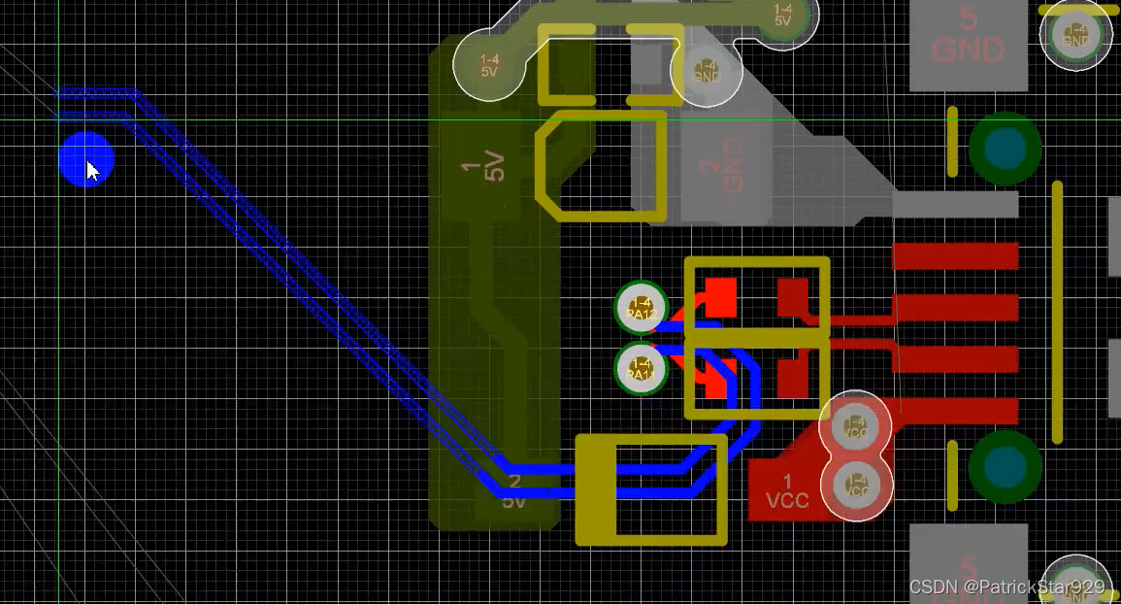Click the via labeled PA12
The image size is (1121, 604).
(641, 307)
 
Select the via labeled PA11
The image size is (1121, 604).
(641, 369)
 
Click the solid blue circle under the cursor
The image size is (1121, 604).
(86, 159)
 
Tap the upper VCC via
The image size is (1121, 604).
(855, 425)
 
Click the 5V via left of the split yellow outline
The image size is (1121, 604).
(489, 64)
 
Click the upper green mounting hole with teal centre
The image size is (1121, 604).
(1005, 149)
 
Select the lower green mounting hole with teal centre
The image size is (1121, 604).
(1005, 467)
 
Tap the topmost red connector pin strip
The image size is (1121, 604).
(955, 256)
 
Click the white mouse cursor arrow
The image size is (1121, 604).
(92, 171)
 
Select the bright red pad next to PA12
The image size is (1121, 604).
(720, 297)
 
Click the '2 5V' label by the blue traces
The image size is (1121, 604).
(514, 491)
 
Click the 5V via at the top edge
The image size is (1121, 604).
(781, 17)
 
